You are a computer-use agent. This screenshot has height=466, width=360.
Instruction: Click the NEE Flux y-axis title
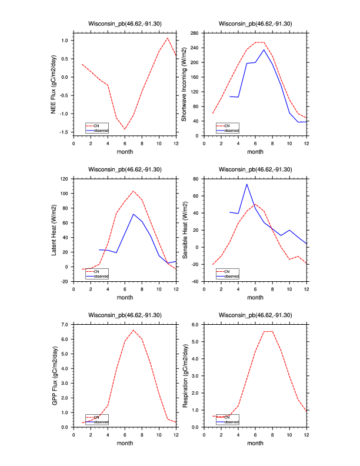pyautogui.click(x=54, y=84)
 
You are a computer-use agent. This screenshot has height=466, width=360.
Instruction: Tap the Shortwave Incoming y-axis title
pyautogui.click(x=184, y=84)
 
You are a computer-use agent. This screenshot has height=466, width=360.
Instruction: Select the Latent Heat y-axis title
pyautogui.click(x=54, y=229)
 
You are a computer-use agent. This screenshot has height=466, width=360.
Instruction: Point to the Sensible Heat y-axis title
pyautogui.click(x=184, y=229)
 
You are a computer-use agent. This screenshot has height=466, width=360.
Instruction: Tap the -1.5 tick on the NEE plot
pyautogui.click(x=64, y=132)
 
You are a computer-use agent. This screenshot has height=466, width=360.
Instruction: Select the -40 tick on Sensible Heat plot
pyautogui.click(x=197, y=281)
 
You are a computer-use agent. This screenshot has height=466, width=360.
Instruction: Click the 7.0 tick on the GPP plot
pyautogui.click(x=65, y=324)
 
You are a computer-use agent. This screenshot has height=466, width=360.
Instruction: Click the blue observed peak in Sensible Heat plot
pyautogui.click(x=246, y=184)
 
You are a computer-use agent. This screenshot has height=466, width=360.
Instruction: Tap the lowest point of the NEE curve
pyautogui.click(x=125, y=129)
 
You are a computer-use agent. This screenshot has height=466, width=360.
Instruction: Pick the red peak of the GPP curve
pyautogui.click(x=134, y=330)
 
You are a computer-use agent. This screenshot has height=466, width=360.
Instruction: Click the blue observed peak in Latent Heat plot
pyautogui.click(x=134, y=214)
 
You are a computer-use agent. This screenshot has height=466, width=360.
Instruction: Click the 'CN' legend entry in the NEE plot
pyautogui.click(x=97, y=125)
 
